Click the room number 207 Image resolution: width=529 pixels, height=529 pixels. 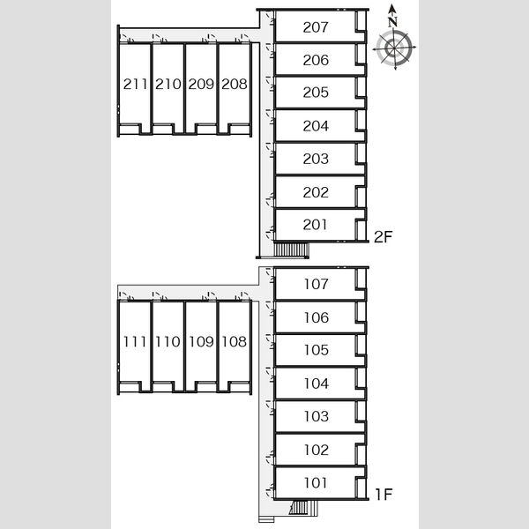pyautogui.click(x=316, y=27)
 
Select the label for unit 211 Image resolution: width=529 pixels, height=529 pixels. pyautogui.click(x=135, y=84)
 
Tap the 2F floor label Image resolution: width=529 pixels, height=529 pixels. pyautogui.click(x=384, y=237)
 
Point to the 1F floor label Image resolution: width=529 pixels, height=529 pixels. pyautogui.click(x=384, y=495)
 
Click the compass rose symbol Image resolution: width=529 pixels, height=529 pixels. pyautogui.click(x=394, y=48)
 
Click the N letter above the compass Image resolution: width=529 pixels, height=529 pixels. pyautogui.click(x=392, y=22)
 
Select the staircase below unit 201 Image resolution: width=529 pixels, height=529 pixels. pyautogui.click(x=291, y=250)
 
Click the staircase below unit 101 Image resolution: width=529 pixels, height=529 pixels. pyautogui.click(x=303, y=508)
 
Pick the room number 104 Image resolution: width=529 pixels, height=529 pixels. pyautogui.click(x=317, y=384)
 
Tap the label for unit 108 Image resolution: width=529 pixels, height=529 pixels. pyautogui.click(x=235, y=342)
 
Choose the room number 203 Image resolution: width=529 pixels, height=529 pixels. pyautogui.click(x=316, y=159)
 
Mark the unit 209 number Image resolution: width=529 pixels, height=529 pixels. pyautogui.click(x=201, y=84)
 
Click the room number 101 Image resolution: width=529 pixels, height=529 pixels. pyautogui.click(x=316, y=483)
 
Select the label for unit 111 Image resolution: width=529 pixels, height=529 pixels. pyautogui.click(x=135, y=342)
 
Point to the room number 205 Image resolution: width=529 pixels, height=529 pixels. pyautogui.click(x=316, y=93)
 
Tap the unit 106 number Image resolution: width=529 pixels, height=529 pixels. pyautogui.click(x=317, y=317)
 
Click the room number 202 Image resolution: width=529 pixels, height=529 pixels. pyautogui.click(x=316, y=192)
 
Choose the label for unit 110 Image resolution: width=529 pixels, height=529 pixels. pyautogui.click(x=168, y=342)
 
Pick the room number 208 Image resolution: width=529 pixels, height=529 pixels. pyautogui.click(x=235, y=84)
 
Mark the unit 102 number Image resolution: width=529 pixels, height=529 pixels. pyautogui.click(x=317, y=450)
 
